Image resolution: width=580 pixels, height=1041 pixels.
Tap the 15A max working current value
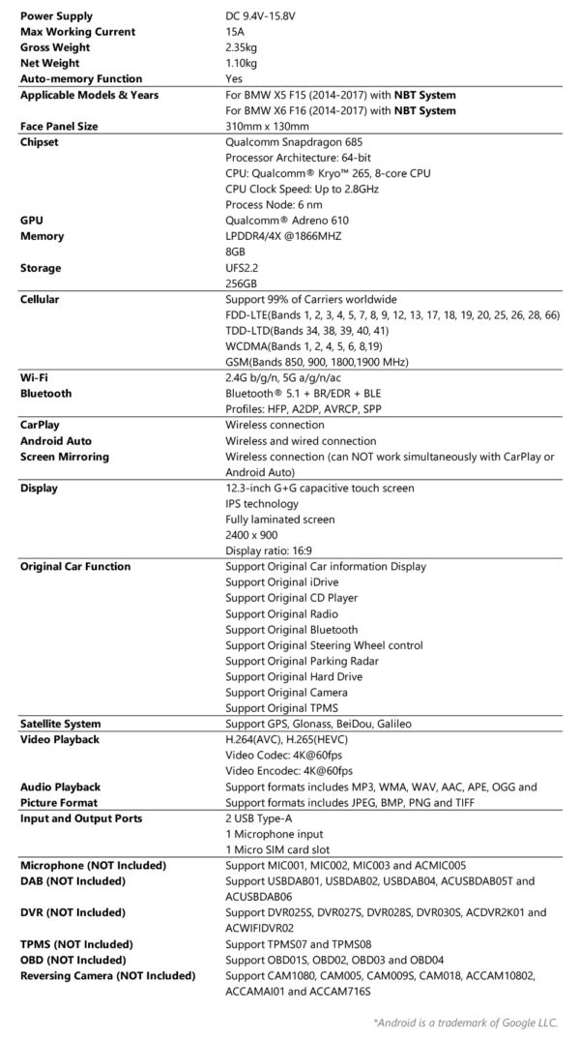(x=235, y=32)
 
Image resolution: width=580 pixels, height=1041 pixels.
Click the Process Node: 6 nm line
(x=274, y=204)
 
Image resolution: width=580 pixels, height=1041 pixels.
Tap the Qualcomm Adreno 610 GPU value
(x=284, y=220)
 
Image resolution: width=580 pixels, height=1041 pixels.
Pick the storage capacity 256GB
(x=241, y=283)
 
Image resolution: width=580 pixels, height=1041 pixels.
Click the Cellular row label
(x=41, y=299)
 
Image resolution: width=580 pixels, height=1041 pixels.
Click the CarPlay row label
(x=41, y=425)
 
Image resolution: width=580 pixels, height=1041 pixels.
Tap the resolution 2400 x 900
(x=256, y=535)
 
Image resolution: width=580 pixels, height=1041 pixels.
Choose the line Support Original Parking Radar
(x=292, y=661)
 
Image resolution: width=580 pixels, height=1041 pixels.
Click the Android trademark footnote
(x=472, y=1021)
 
